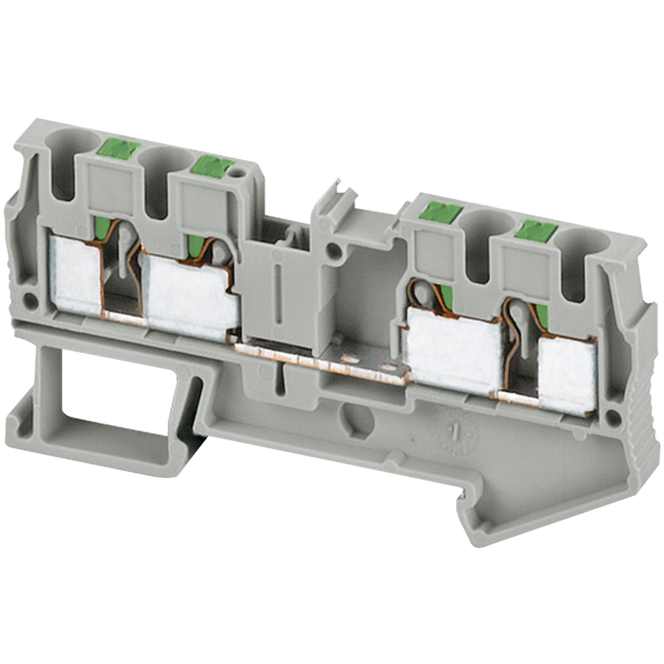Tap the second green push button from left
click(211, 165)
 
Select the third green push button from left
click(440, 211)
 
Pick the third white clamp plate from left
click(455, 349)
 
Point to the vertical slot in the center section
click(277, 292)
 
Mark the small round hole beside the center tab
click(334, 254)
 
